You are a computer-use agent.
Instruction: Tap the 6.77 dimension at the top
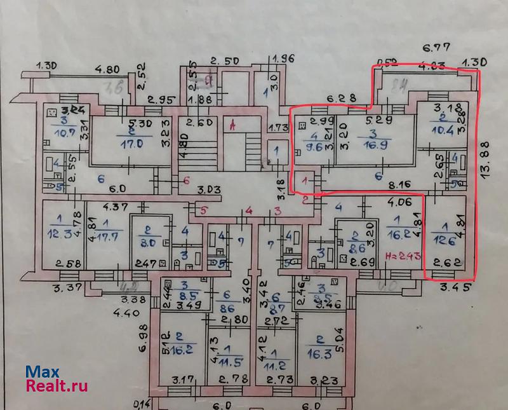click(436, 46)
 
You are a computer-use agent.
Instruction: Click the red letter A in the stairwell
click(233, 125)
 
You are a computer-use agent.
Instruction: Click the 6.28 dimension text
click(340, 98)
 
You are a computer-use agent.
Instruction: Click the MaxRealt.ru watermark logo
click(56, 379)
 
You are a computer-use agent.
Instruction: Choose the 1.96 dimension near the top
click(283, 59)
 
